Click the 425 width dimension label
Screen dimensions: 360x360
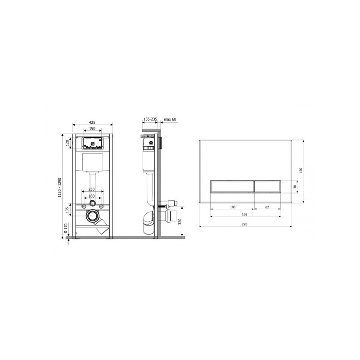pyautogui.click(x=92, y=122)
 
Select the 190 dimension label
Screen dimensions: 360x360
pyautogui.click(x=92, y=129)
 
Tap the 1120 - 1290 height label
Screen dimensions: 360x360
pyautogui.click(x=60, y=188)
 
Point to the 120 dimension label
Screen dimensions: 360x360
pyautogui.click(x=67, y=143)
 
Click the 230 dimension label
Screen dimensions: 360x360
pyautogui.click(x=92, y=189)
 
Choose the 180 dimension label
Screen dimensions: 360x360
pyautogui.click(x=92, y=196)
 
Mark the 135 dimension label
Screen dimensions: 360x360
pyautogui.click(x=67, y=210)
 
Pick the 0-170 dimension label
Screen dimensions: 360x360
pyautogui.click(x=66, y=228)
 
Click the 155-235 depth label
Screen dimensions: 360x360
pyautogui.click(x=150, y=119)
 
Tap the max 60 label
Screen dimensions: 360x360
pyautogui.click(x=170, y=119)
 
